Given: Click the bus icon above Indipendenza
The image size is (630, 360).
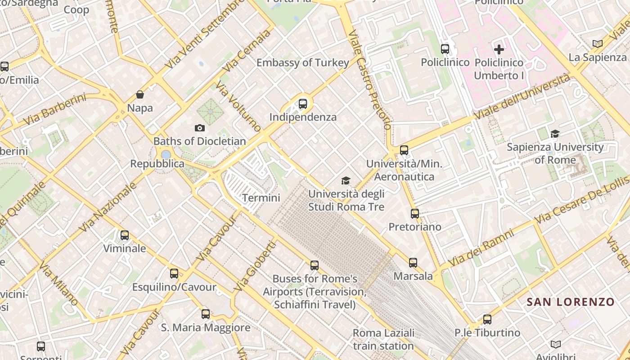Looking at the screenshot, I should coord(303,104).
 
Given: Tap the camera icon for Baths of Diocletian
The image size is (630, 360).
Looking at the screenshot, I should coord(199,128).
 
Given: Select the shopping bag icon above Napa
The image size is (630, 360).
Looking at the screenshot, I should coord(140,94).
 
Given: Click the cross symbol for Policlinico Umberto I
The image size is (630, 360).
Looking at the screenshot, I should coord(499,49).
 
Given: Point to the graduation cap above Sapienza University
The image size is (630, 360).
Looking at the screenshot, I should coord(555,134).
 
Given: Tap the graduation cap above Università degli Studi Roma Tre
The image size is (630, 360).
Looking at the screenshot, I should coord(346,180).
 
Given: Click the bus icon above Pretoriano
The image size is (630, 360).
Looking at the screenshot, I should coord(414,213).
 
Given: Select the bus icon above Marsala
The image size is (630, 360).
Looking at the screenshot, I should coord(413,262).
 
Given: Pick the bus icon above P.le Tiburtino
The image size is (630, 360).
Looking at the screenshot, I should coord(487,319).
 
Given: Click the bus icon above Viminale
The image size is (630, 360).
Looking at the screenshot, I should coord(124,235).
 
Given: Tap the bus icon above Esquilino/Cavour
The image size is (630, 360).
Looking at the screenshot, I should coord(174,273).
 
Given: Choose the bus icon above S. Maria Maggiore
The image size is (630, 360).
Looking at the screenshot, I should coord(205,314).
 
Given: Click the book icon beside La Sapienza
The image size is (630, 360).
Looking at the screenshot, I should coord(597,44).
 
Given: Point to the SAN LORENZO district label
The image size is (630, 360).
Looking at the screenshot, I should coord(571,302).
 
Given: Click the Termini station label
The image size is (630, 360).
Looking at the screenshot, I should coord(261,198).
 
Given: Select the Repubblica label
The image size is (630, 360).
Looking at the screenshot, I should coord(157,164).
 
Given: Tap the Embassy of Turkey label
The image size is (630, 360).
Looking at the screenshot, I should coord(302,63).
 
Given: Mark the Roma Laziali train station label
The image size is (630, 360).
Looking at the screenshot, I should coord(383,339).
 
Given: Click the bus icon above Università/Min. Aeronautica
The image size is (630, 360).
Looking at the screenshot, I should coord(404,150).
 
